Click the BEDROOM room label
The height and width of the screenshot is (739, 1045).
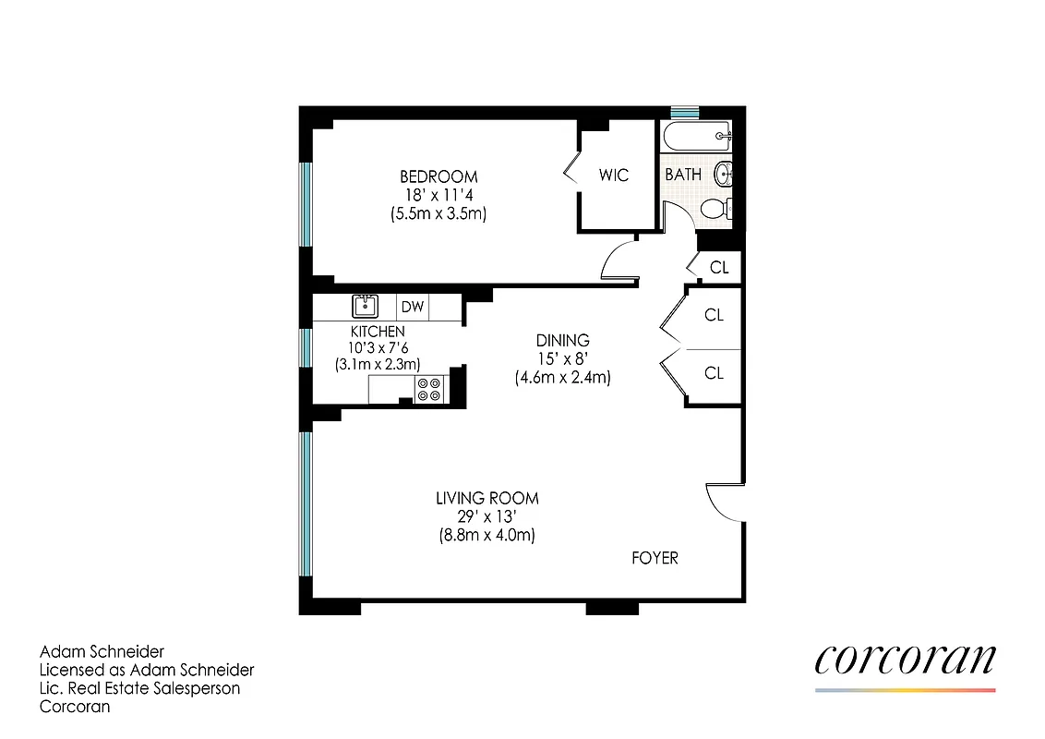438,176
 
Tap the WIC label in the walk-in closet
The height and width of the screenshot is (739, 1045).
614,174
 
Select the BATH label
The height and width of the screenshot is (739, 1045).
683,174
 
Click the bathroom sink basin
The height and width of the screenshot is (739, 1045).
726,172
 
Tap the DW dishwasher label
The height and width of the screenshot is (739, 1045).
412,307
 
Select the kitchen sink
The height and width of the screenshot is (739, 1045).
366,306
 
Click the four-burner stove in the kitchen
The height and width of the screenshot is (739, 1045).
430,389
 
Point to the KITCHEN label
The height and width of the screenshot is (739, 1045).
377,331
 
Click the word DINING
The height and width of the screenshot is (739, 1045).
563,340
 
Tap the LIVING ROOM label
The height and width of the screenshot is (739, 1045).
487,498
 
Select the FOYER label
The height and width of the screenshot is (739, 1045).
655,558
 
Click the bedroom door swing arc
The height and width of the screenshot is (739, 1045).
616,260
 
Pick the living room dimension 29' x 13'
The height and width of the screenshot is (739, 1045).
487,516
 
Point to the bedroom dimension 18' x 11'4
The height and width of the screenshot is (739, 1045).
438,195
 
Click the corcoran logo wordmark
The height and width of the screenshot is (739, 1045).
905,660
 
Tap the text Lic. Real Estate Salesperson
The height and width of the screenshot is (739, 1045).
139,688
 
